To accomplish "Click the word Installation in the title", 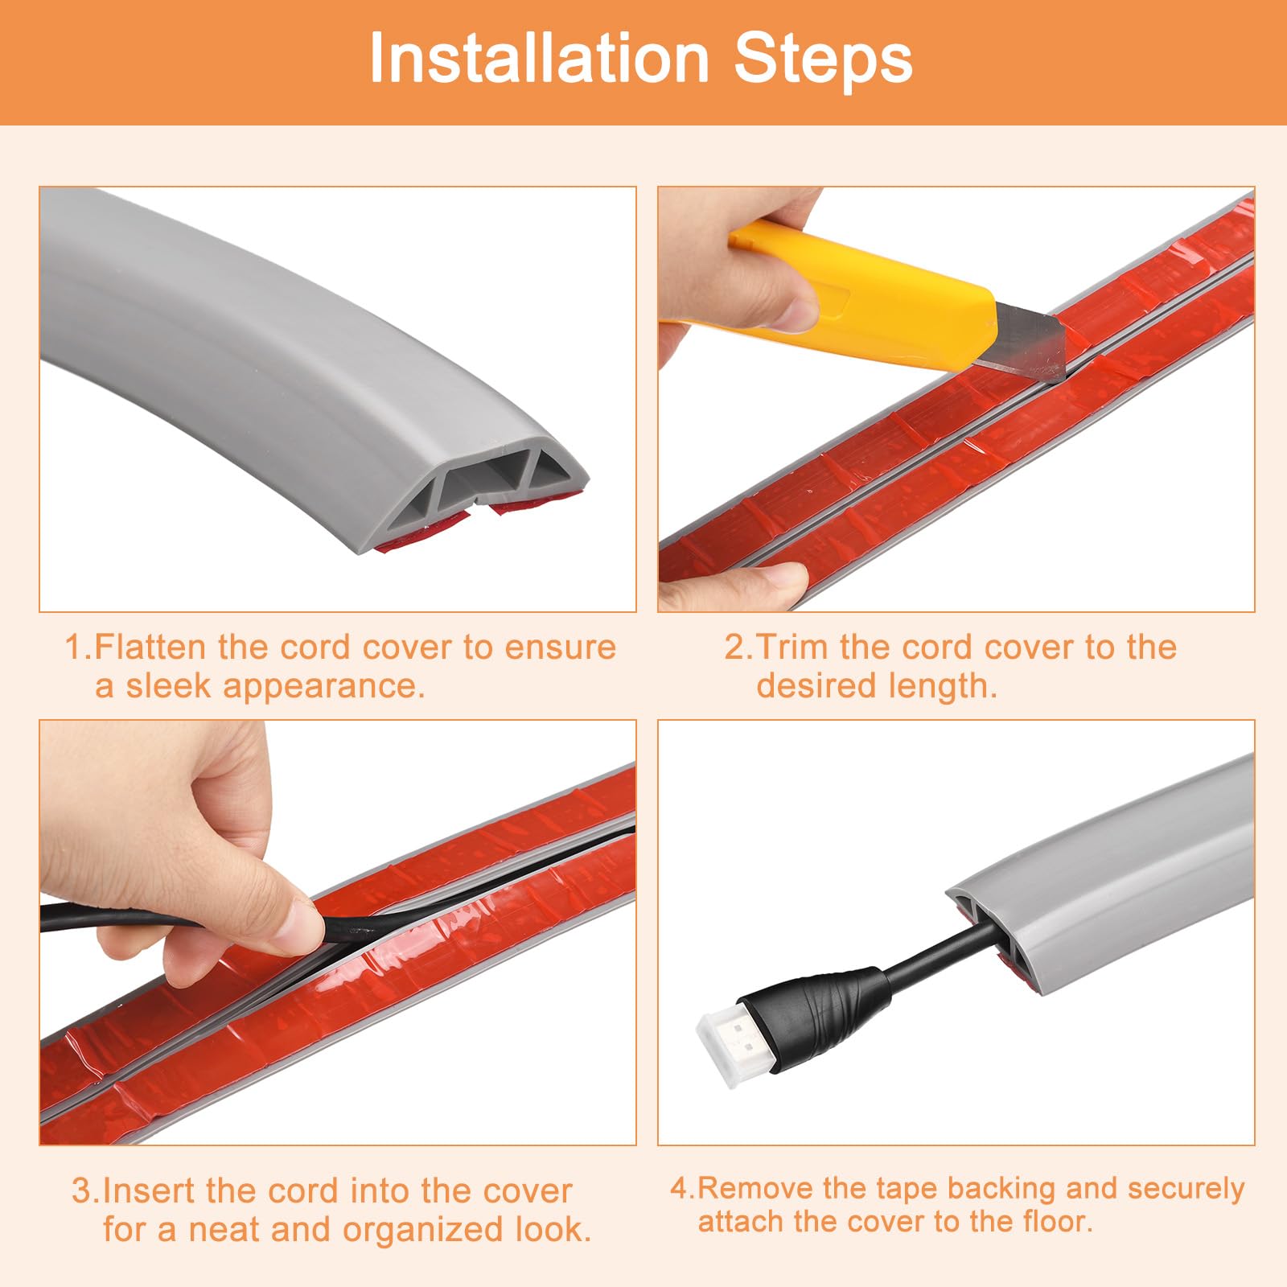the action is [x=539, y=59].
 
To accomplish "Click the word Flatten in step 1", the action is [x=152, y=647].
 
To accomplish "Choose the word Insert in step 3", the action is [x=149, y=1190].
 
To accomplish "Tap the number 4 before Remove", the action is [x=679, y=1188].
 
